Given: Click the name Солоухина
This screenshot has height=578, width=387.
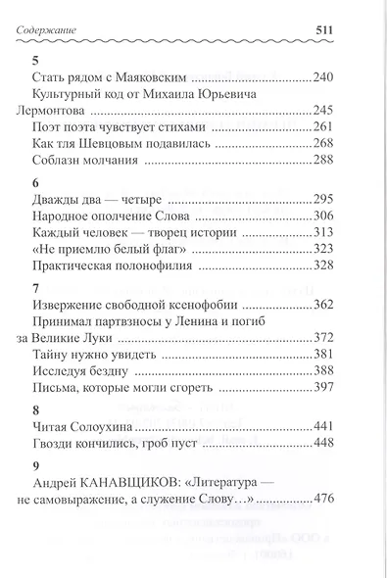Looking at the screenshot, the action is tap(106, 428).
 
